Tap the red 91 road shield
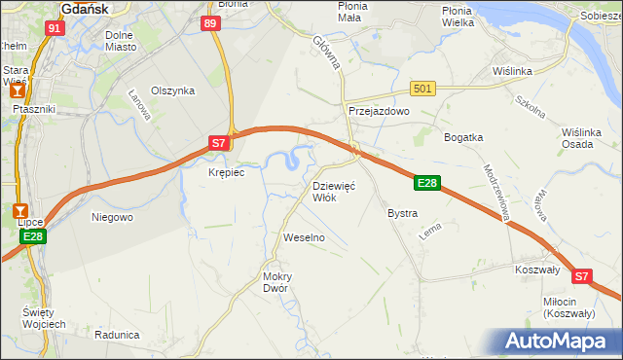click(x=55, y=28)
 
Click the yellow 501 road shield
click(x=421, y=89)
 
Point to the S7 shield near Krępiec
click(x=220, y=143)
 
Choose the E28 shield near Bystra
click(x=427, y=182)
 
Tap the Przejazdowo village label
click(x=379, y=112)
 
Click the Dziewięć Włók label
click(x=334, y=191)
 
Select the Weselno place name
click(x=303, y=237)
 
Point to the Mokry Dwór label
click(x=277, y=282)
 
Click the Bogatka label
click(x=463, y=137)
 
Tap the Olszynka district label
click(x=173, y=90)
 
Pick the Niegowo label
click(x=111, y=217)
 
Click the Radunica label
click(x=118, y=335)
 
